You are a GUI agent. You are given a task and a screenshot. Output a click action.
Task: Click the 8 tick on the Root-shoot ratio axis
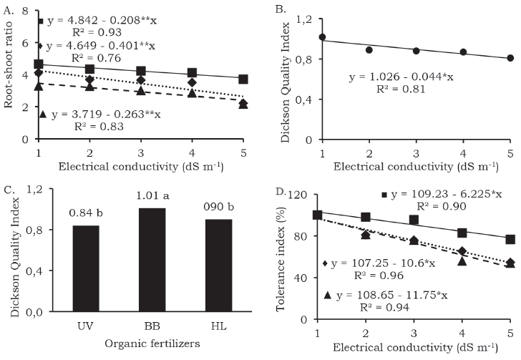pyautogui.click(x=25, y=12)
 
